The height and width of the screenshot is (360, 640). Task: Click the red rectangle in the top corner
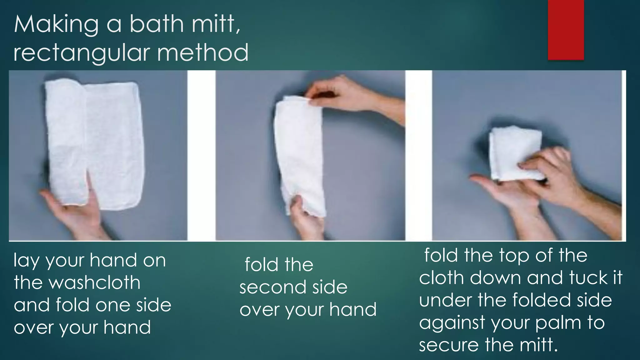[566, 30]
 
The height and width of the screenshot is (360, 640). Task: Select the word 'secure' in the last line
[449, 345]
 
